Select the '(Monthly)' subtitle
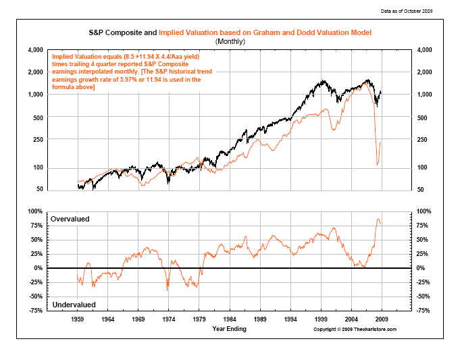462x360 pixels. [230, 41]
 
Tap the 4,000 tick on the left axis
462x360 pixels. [35, 51]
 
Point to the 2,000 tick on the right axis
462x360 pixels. [428, 72]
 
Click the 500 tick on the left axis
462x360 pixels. [38, 117]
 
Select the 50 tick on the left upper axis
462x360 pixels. [40, 189]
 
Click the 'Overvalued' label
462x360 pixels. [70, 220]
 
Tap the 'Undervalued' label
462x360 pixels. [73, 305]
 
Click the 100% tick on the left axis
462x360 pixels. [35, 211]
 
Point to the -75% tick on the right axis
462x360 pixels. [426, 311]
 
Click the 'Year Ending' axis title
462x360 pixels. [230, 329]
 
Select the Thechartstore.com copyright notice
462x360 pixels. [355, 329]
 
